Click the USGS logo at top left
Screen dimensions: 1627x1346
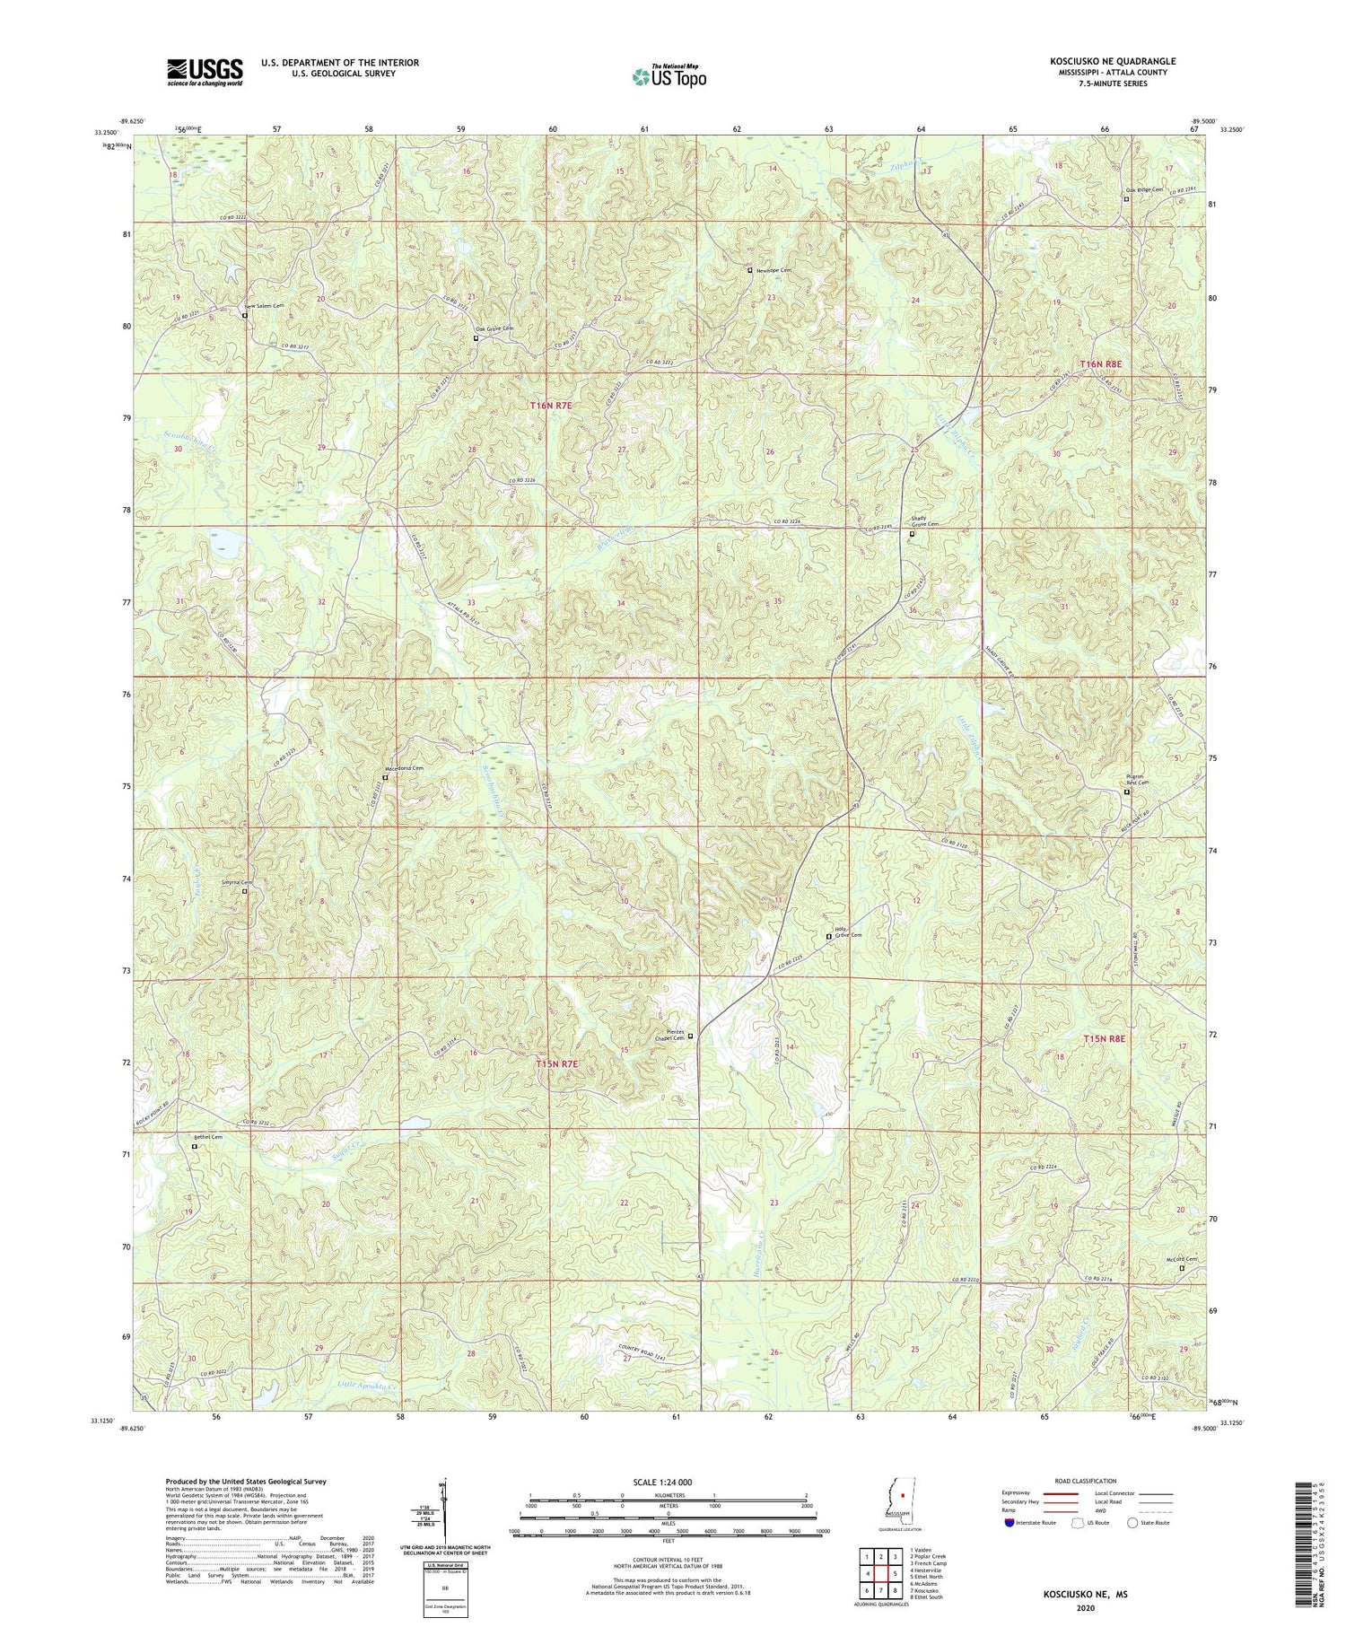coord(204,72)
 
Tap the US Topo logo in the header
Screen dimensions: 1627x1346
coord(669,76)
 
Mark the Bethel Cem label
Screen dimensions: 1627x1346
coord(207,1137)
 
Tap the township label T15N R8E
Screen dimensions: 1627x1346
coord(1103,1038)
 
